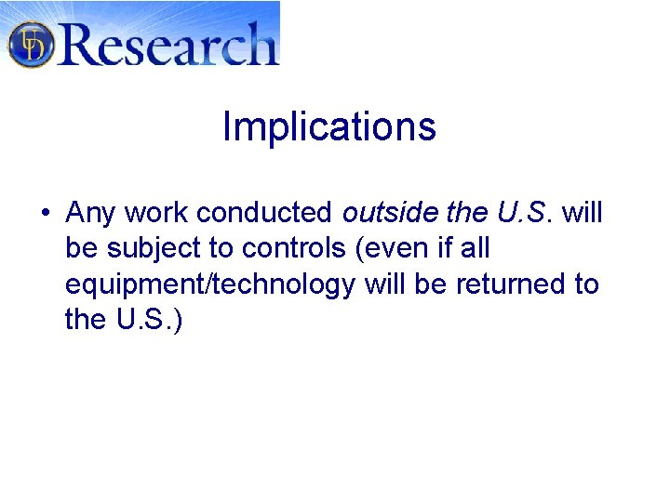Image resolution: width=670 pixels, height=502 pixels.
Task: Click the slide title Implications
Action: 329,127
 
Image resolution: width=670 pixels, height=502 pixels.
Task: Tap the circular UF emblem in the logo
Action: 31,44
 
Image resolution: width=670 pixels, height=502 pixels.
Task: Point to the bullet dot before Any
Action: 45,214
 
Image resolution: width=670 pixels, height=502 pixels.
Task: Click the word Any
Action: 90,214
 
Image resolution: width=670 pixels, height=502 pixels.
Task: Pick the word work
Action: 155,213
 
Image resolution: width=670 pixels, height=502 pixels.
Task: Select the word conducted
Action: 264,213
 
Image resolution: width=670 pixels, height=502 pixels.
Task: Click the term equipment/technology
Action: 210,284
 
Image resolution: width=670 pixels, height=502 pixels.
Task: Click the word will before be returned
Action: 385,284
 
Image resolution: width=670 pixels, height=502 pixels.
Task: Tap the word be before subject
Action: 82,248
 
